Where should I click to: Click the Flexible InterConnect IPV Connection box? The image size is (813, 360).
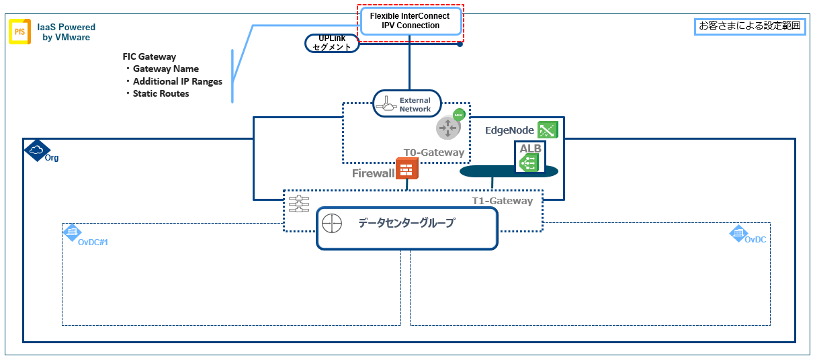click(x=411, y=21)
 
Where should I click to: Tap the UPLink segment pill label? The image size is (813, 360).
click(x=332, y=43)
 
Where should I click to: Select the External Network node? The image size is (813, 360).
click(x=407, y=104)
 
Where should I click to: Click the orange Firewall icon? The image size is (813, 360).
click(x=406, y=169)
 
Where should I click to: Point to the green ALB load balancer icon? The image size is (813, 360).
click(x=529, y=163)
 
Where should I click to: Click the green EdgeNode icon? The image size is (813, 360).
click(x=548, y=130)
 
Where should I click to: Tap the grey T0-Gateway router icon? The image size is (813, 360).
click(x=448, y=128)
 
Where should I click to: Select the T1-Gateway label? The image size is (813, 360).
click(x=502, y=201)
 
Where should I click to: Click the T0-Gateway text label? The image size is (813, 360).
click(x=434, y=152)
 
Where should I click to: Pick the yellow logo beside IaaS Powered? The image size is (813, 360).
click(x=19, y=32)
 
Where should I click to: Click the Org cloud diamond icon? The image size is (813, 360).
click(x=37, y=150)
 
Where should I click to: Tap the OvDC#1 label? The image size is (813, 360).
click(x=93, y=242)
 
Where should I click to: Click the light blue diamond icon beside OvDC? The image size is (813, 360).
click(x=738, y=233)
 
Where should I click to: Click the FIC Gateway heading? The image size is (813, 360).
click(x=149, y=56)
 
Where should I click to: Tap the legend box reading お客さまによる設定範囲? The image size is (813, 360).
click(x=750, y=26)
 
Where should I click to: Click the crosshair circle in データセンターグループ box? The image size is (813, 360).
click(x=332, y=223)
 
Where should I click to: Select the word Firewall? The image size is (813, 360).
click(x=373, y=173)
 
